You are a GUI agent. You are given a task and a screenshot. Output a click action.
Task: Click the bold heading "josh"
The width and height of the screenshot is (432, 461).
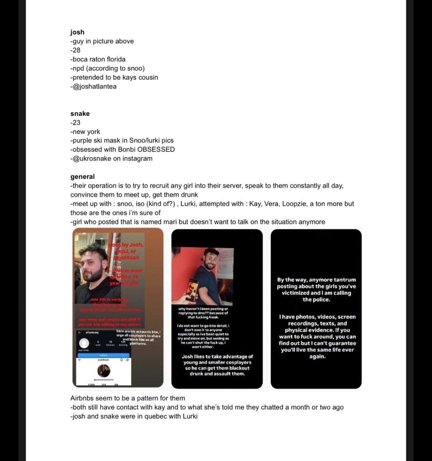click(x=77, y=32)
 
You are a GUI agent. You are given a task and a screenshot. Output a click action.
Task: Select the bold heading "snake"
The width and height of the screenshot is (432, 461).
click(x=80, y=114)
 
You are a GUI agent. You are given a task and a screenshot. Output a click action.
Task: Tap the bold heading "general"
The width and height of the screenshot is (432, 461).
click(x=82, y=176)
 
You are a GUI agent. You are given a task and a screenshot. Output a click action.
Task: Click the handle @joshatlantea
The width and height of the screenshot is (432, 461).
click(x=94, y=86)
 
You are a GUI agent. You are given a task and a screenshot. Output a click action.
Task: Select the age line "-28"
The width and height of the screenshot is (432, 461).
click(x=75, y=50)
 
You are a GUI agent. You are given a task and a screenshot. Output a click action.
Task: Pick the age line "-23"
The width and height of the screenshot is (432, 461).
click(x=75, y=122)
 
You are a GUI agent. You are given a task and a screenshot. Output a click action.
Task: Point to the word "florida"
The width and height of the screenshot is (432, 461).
click(x=116, y=59)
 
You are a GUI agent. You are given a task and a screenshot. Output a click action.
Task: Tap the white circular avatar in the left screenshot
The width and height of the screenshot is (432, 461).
click(x=84, y=343)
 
